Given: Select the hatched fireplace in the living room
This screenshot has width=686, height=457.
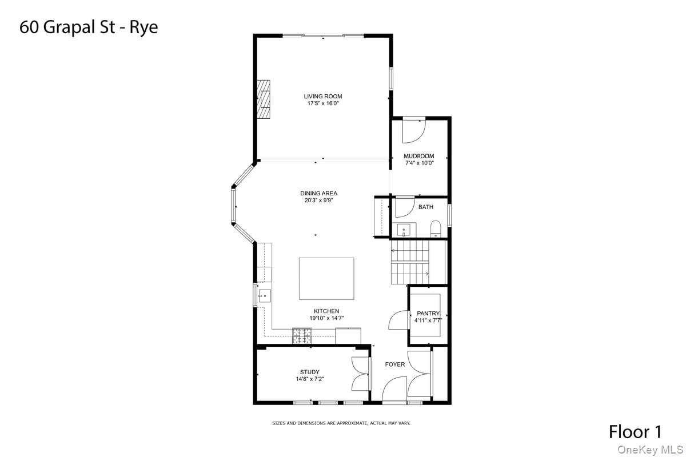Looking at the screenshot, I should (x=263, y=98).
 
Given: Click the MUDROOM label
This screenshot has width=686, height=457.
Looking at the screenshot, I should (x=418, y=156).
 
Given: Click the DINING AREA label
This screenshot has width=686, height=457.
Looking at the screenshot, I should (x=318, y=194).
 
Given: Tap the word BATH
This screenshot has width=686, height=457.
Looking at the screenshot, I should (x=425, y=207).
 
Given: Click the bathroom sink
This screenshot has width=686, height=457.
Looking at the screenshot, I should (x=404, y=230).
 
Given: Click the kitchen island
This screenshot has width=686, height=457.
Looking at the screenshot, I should (x=326, y=278).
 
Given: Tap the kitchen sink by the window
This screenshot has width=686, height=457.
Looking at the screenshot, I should (x=265, y=295).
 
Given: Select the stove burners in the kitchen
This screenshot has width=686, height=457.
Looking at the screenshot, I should (x=302, y=336).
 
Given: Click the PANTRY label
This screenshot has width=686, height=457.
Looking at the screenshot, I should (x=428, y=313).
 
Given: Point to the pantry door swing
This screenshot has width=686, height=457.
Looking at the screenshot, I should (x=398, y=320).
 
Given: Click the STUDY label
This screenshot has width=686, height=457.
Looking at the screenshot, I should (x=309, y=372).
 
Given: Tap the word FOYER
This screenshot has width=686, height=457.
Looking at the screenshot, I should (x=394, y=364).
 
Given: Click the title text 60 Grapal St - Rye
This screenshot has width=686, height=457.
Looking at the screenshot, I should (x=89, y=27).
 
